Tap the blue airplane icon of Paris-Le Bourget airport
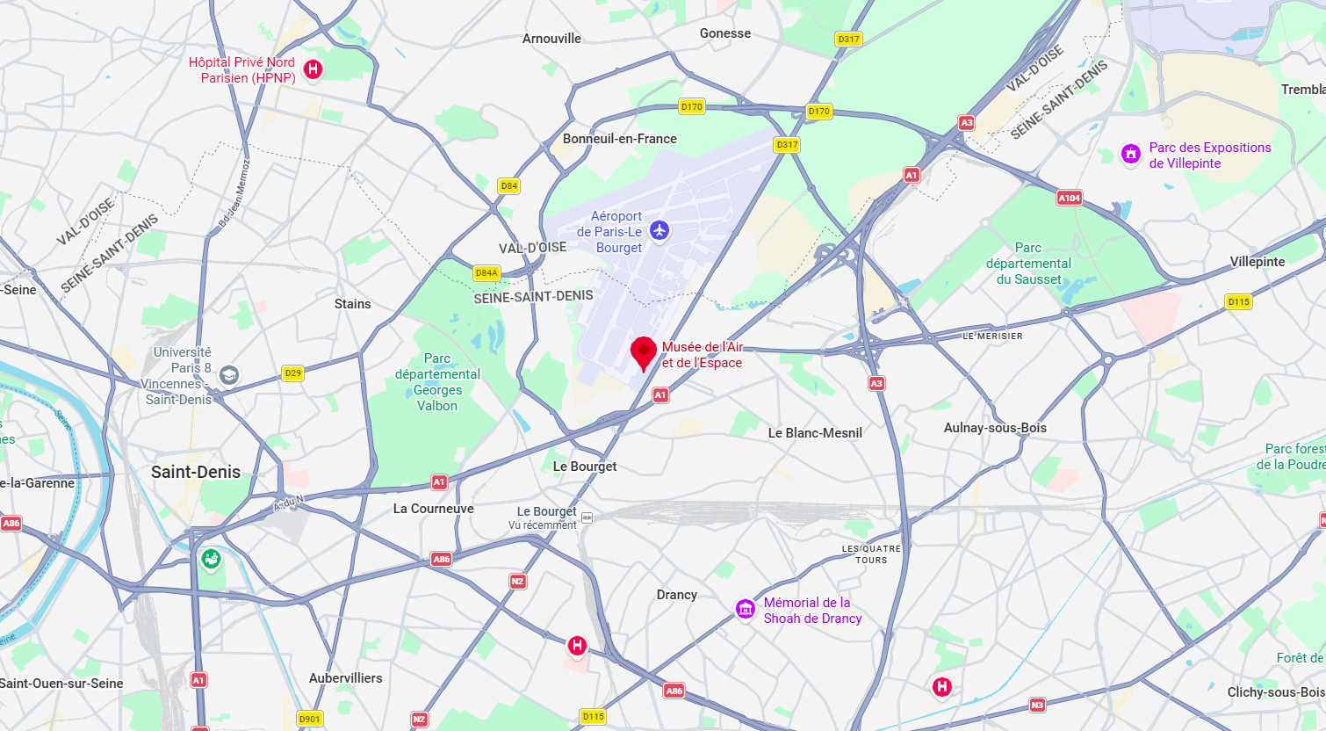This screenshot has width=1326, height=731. click(x=659, y=231)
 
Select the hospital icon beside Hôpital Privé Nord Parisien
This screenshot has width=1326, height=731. click(x=313, y=69)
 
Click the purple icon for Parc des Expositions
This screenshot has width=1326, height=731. click(x=1130, y=155)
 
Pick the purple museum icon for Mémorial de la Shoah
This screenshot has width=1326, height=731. click(x=746, y=609)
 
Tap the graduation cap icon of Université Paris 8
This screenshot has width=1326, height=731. click(x=228, y=375)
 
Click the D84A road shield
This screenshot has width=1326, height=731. click(x=486, y=273)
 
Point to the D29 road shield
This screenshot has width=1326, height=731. click(x=292, y=373)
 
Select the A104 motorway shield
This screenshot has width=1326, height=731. click(x=1069, y=198)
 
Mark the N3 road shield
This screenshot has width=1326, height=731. click(x=1037, y=705)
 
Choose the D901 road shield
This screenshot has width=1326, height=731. click(x=310, y=719)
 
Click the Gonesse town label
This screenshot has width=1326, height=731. click(x=725, y=33)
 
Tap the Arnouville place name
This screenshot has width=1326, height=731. click(x=551, y=39)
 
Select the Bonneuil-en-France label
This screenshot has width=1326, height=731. click(x=620, y=139)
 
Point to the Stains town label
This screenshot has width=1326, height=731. click(x=352, y=304)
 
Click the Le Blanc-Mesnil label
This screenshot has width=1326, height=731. click(x=815, y=433)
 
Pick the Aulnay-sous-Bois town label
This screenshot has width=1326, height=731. click(x=995, y=428)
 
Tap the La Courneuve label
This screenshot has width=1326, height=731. click(x=433, y=509)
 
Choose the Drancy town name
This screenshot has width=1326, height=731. click(x=676, y=595)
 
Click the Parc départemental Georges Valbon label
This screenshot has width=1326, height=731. click(x=437, y=382)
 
